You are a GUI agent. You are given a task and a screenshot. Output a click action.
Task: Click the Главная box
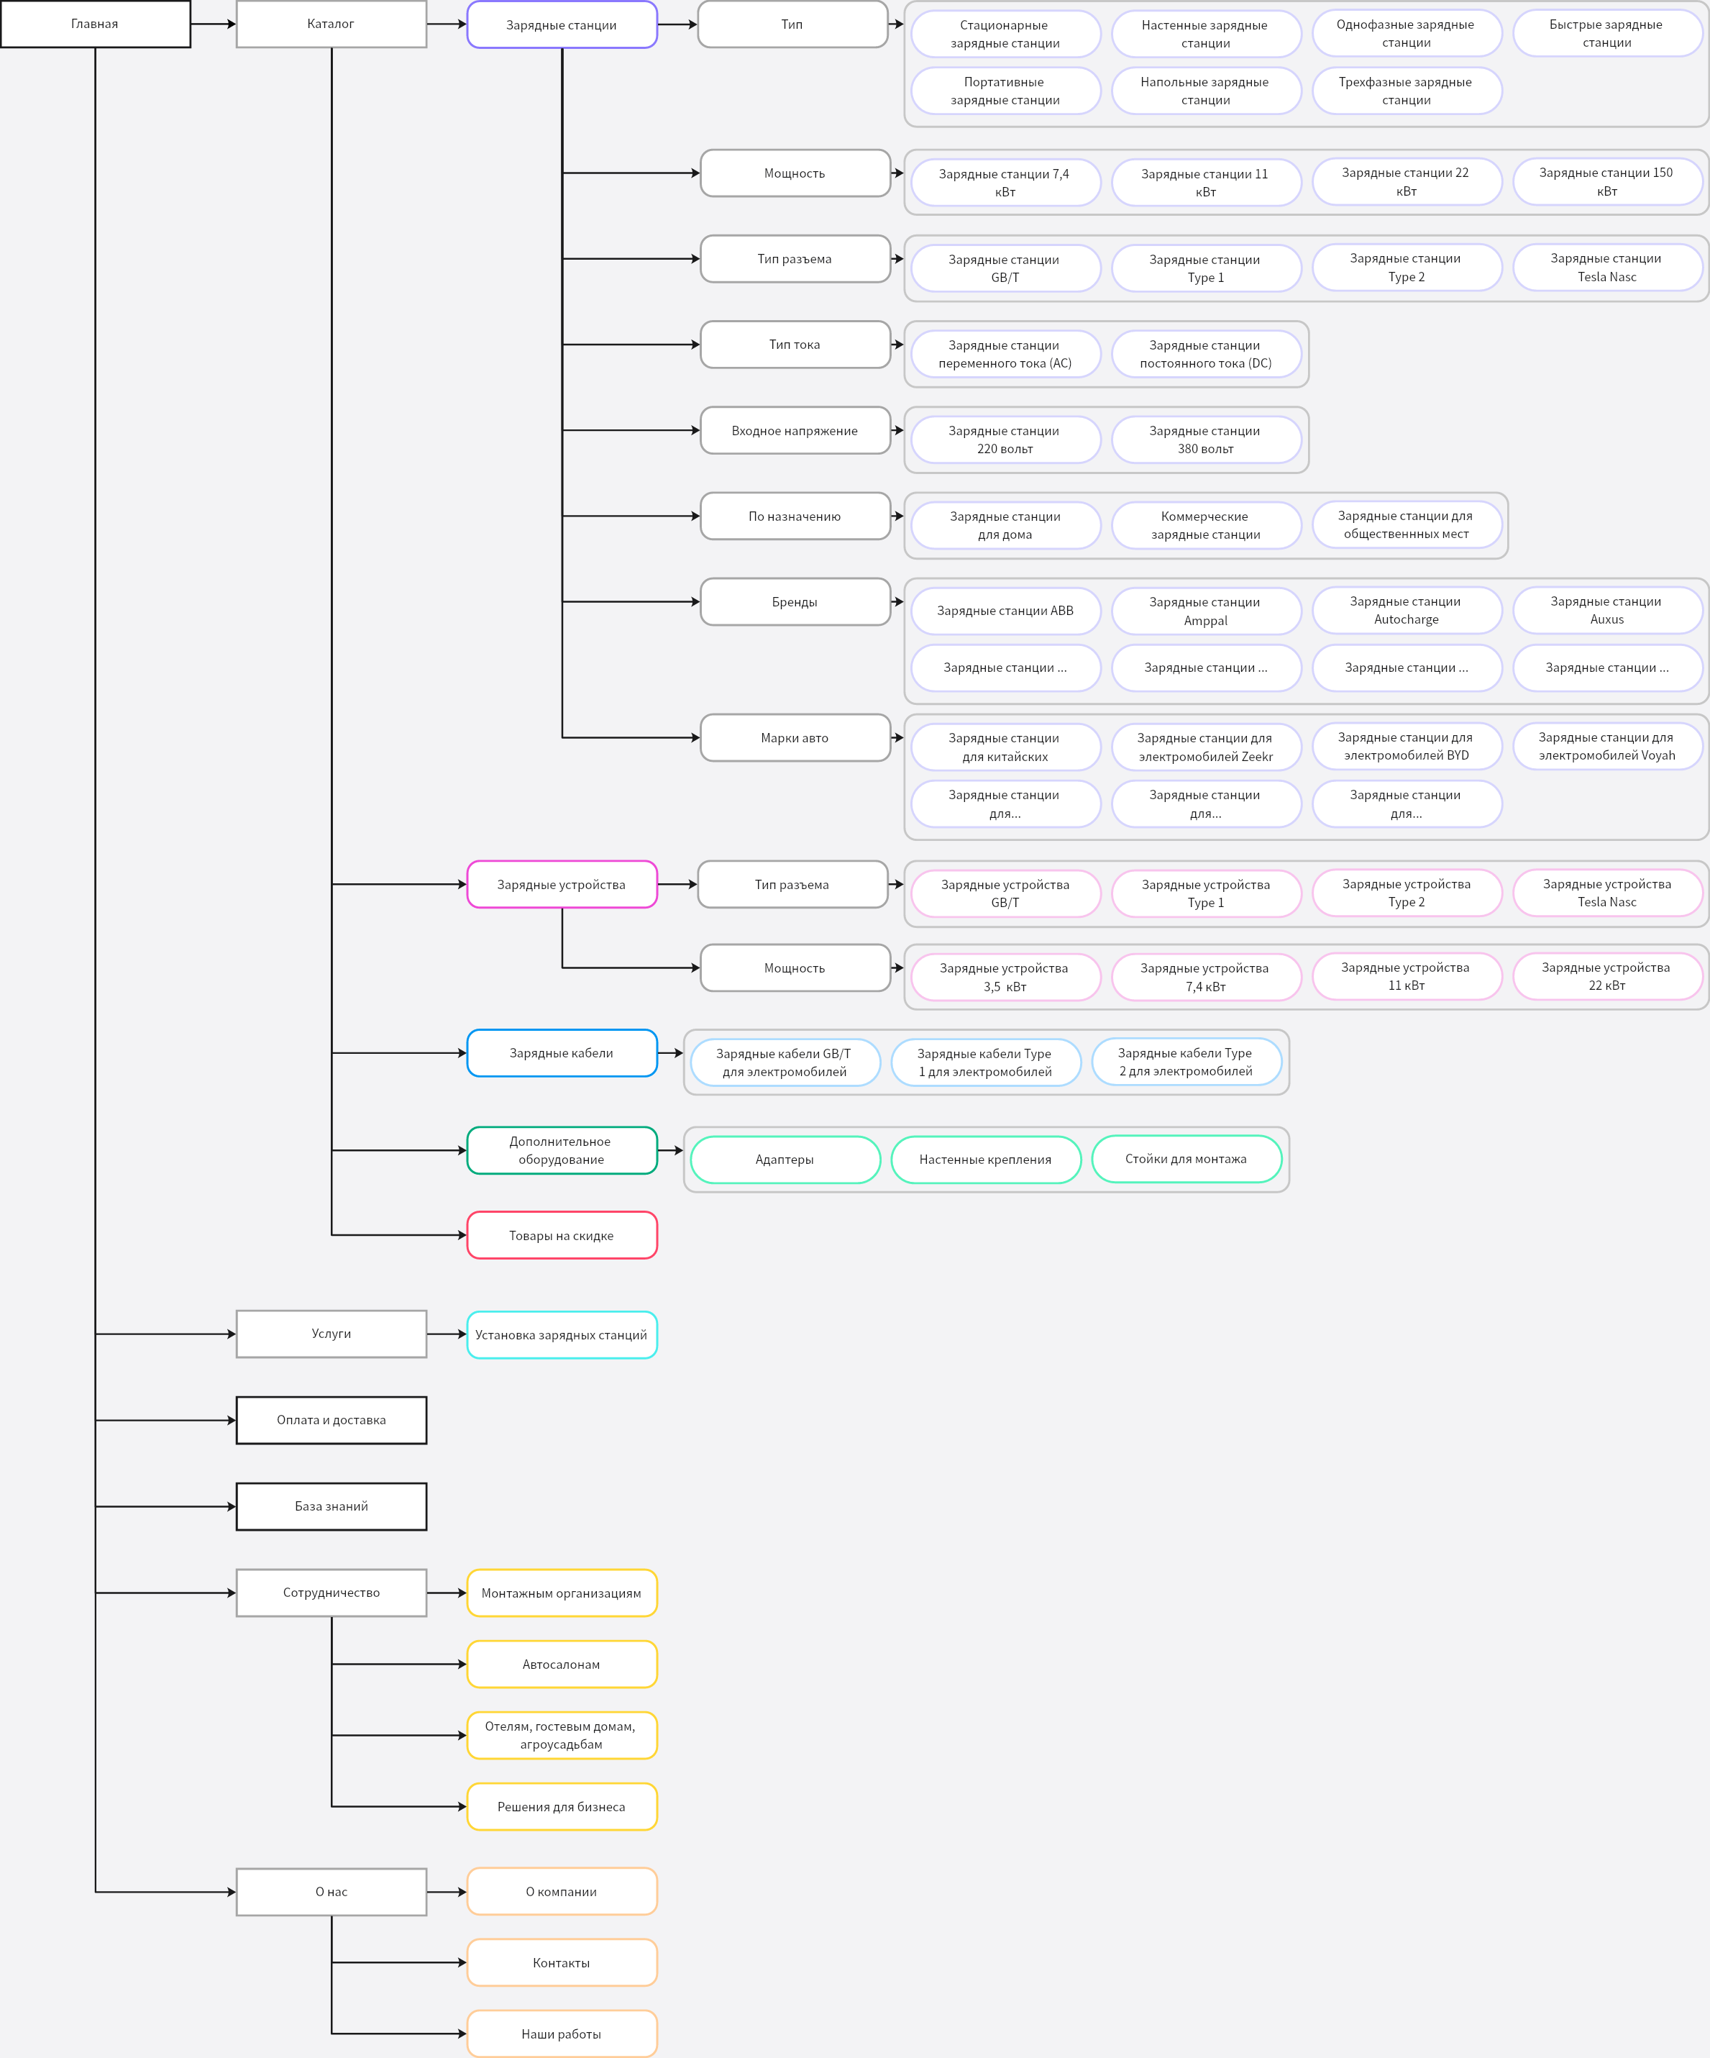click(x=95, y=24)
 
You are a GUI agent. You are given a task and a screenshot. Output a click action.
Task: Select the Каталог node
click(x=332, y=24)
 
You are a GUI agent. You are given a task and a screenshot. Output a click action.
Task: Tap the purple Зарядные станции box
click(x=562, y=24)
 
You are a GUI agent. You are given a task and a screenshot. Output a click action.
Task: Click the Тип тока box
click(x=795, y=344)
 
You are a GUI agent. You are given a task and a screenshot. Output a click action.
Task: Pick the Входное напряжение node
click(x=795, y=430)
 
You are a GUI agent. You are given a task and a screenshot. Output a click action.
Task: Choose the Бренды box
click(x=795, y=602)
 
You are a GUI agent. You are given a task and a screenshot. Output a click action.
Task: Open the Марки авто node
click(x=795, y=738)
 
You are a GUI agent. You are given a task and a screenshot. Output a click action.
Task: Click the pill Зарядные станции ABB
click(x=1005, y=611)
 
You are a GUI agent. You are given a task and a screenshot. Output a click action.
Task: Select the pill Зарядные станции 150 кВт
click(x=1607, y=181)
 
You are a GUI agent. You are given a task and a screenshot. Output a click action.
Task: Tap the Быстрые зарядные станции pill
click(x=1607, y=33)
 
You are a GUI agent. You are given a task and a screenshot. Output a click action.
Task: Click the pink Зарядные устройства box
click(x=562, y=884)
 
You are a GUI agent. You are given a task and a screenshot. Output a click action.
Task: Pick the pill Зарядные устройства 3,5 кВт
click(x=1005, y=977)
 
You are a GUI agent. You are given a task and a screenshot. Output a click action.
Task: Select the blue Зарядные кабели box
click(x=562, y=1052)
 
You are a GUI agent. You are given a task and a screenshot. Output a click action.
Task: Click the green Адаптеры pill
click(x=785, y=1160)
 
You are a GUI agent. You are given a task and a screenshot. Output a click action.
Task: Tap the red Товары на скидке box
click(x=562, y=1235)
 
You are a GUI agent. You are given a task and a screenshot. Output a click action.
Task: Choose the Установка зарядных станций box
click(x=562, y=1335)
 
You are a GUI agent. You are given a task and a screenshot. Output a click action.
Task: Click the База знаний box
click(x=332, y=1506)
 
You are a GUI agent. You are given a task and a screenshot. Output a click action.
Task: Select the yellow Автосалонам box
click(x=562, y=1664)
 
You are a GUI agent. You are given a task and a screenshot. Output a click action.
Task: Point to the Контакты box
click(x=562, y=1963)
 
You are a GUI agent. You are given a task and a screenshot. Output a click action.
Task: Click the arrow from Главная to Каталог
click(x=214, y=24)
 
